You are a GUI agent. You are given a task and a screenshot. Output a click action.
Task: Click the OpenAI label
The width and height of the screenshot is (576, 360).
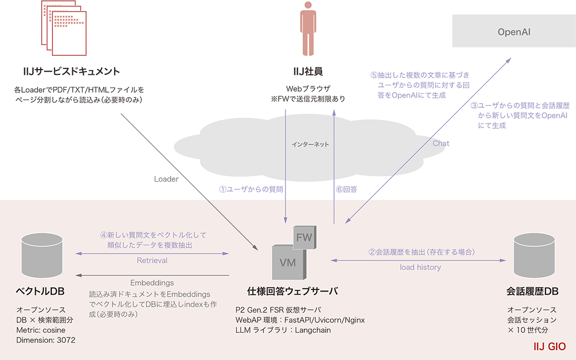click(514, 32)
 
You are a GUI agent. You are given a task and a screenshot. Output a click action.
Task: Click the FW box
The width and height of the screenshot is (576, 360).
click(304, 238)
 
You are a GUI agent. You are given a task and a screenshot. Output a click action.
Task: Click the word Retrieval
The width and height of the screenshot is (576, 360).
click(152, 260)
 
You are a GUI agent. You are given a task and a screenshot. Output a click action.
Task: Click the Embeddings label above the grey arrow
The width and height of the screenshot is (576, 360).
click(152, 283)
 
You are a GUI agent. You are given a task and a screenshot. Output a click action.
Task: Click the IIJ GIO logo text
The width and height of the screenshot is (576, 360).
click(549, 347)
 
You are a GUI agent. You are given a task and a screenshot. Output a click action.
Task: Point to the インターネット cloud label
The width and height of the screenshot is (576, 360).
click(311, 144)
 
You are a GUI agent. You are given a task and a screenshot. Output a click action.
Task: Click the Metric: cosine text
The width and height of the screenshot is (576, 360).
click(41, 330)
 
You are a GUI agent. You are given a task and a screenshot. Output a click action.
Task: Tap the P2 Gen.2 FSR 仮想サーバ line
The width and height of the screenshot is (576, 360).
click(278, 309)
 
